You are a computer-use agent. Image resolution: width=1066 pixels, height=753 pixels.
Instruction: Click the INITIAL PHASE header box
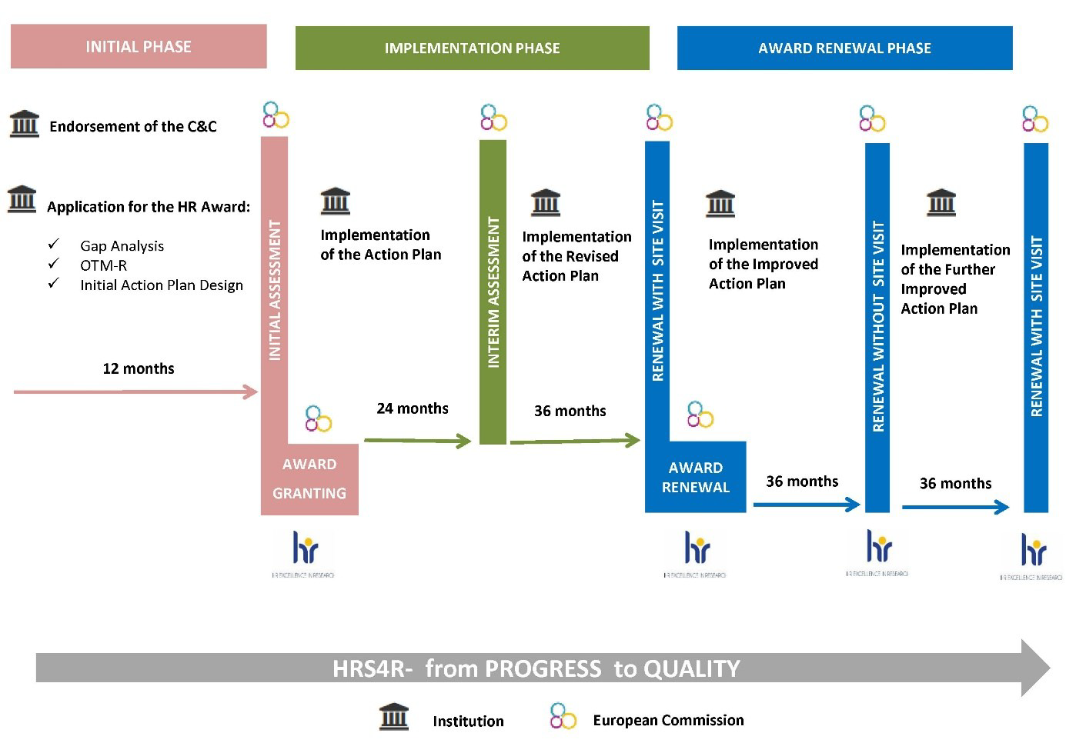coord(139,46)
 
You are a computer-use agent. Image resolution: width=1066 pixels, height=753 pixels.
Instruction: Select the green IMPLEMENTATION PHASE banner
coord(472,48)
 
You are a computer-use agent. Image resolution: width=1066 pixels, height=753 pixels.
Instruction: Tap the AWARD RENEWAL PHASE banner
coord(844,48)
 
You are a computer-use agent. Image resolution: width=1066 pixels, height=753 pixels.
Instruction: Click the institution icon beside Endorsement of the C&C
coord(24,124)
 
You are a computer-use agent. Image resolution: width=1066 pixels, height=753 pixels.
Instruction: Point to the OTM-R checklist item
coord(103,265)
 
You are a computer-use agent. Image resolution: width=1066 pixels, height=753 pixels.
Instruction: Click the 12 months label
coord(139,368)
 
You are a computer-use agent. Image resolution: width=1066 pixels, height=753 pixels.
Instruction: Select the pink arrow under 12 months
coord(135,392)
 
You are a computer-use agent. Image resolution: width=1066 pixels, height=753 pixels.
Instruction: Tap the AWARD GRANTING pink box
coord(309,478)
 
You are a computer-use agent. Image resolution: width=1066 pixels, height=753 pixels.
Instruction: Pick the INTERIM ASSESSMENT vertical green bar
coord(493,292)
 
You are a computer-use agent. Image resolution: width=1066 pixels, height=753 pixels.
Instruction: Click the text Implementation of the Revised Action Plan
coord(576,256)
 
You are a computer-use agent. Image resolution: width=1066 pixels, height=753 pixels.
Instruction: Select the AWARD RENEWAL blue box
coord(695,477)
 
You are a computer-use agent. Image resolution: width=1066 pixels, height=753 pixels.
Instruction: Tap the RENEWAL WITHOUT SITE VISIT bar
coord(877,327)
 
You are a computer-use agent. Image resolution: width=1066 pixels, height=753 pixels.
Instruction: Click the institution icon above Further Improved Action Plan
coord(941,202)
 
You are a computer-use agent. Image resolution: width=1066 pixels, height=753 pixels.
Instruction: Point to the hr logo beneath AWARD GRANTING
coord(305,550)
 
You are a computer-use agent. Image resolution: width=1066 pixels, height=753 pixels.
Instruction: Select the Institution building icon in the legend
coord(394,716)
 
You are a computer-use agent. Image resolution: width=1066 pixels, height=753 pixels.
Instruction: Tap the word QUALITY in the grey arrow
coord(691,668)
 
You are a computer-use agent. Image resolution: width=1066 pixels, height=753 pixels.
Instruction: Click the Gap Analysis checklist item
coord(122,246)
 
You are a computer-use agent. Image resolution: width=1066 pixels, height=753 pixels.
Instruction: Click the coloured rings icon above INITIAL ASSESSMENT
coord(276,115)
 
